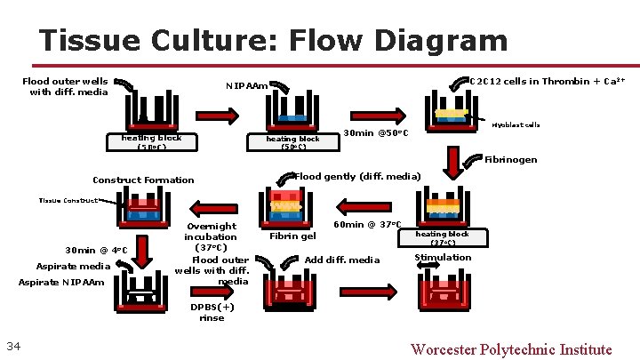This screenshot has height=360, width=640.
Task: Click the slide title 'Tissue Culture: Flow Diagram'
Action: (x=273, y=40)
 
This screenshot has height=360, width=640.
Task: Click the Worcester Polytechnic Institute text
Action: (x=511, y=348)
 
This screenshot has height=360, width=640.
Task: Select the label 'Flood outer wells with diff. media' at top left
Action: (x=64, y=86)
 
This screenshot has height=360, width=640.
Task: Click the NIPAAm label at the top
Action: (x=245, y=86)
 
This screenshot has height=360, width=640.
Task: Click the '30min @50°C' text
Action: (x=375, y=134)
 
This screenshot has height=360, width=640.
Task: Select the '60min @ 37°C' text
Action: (x=367, y=225)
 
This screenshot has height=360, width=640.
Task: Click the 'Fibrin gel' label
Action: (x=292, y=236)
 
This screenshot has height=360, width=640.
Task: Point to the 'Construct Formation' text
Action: (x=143, y=180)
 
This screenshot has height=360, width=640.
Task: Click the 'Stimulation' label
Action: (x=443, y=258)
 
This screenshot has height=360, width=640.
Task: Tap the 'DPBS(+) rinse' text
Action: (x=212, y=312)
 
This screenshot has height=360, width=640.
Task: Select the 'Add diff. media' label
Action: (x=342, y=260)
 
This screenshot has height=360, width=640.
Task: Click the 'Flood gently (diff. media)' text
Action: (x=357, y=175)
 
